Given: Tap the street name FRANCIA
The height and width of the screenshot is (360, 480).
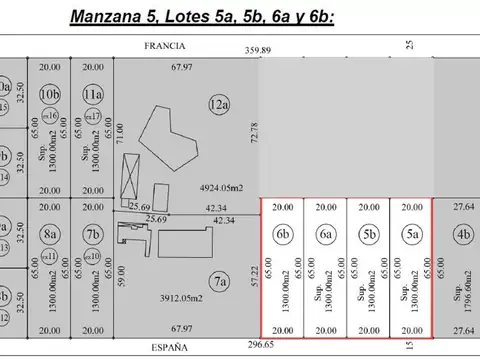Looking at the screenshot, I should click(162, 46).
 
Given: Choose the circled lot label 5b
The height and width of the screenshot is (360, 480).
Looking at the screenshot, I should click(368, 235).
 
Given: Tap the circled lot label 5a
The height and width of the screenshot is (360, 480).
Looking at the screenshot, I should click(411, 235).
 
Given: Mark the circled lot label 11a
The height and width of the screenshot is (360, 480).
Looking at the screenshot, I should click(92, 95).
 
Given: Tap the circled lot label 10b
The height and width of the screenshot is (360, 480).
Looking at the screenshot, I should click(49, 95).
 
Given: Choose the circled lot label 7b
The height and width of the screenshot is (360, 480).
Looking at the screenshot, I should click(92, 235).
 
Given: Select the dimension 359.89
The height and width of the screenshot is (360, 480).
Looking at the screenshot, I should click(259, 50).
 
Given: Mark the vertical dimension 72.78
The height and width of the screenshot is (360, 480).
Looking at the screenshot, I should click(253, 131).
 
